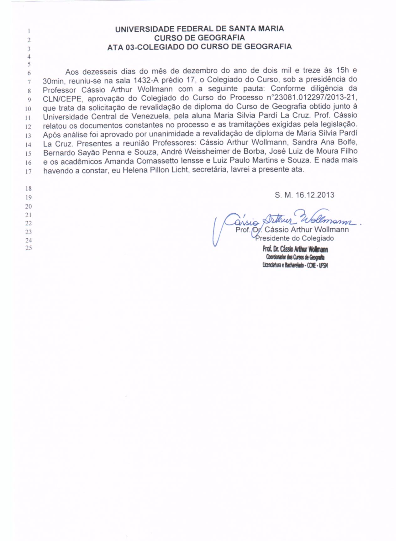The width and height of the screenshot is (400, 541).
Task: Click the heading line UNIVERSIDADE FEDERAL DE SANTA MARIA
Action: coord(199,29)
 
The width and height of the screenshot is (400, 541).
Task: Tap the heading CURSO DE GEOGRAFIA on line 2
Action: coord(199,38)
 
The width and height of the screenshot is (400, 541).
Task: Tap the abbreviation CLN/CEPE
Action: coord(63,98)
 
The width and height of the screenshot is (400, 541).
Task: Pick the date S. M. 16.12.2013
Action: coord(304,195)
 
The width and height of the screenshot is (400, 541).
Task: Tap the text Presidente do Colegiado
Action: coord(295,238)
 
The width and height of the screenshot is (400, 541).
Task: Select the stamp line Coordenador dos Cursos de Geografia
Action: coord(295,257)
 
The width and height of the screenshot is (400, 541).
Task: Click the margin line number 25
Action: coord(29,248)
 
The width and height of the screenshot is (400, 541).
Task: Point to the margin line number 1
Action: coord(29,31)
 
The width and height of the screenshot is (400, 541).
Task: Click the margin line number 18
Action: coord(29,188)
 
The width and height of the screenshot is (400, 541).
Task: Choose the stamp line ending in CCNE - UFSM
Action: coord(295,265)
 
